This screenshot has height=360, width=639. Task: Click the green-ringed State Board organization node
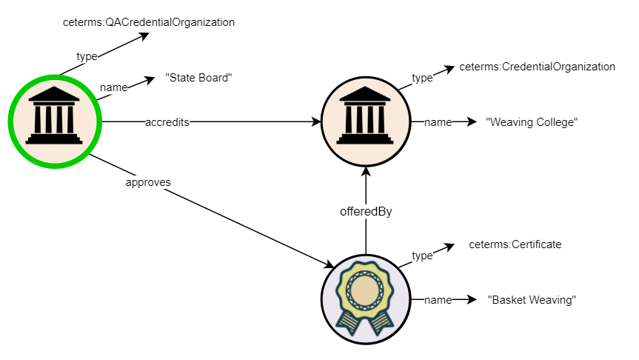pos(55,121)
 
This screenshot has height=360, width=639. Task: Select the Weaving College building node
pos(366,121)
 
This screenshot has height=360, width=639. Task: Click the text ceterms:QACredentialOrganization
pos(149,22)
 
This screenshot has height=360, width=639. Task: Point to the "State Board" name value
pos(195,78)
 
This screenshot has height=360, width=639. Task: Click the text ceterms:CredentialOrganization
pos(537,67)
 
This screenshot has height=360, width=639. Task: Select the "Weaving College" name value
pos(530,122)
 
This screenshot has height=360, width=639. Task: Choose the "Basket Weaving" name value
pos(532,300)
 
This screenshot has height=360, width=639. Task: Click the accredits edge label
pos(167,122)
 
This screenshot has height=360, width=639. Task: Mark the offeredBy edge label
pos(366,211)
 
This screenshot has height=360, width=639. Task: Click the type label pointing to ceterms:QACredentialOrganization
pos(87,56)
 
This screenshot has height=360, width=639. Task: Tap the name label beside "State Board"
pos(113,87)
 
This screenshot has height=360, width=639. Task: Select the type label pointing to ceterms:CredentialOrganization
pos(422,78)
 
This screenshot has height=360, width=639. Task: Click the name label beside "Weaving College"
pos(438,122)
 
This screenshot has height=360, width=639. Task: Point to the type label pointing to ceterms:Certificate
pos(422,256)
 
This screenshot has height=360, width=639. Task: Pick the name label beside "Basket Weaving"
pos(438,300)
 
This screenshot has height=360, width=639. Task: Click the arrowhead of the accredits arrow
pos(315,122)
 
